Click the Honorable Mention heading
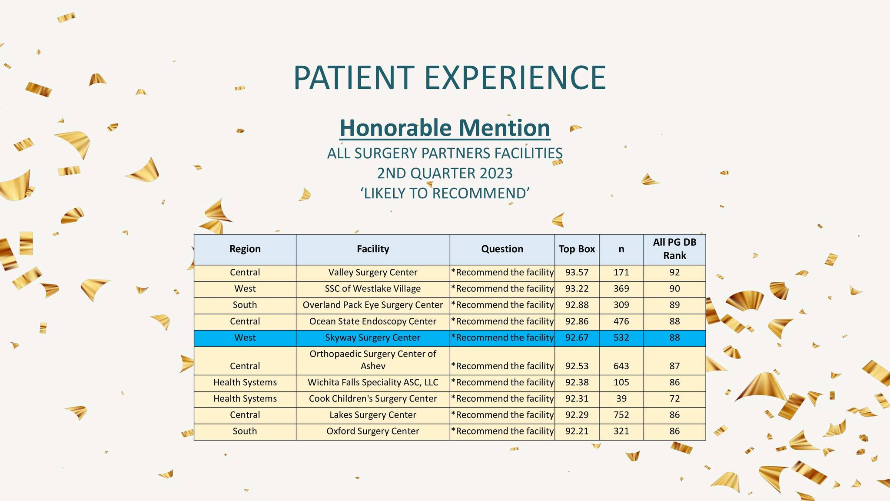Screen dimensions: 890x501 pyautogui.click(x=445, y=128)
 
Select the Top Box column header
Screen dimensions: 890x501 pyautogui.click(x=577, y=249)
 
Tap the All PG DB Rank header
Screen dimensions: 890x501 pyautogui.click(x=674, y=249)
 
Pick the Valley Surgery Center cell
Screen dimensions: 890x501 pyautogui.click(x=373, y=273)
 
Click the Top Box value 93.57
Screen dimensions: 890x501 pyautogui.click(x=577, y=273)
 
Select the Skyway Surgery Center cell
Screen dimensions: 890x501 pyautogui.click(x=373, y=338)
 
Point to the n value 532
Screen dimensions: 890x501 pyautogui.click(x=621, y=338)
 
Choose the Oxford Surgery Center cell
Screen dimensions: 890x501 pyautogui.click(x=373, y=431)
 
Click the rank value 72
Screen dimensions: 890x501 pyautogui.click(x=674, y=399)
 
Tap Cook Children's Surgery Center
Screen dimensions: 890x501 pyautogui.click(x=373, y=399)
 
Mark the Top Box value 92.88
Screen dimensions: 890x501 pyautogui.click(x=577, y=305)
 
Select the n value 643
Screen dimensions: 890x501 pyautogui.click(x=621, y=366)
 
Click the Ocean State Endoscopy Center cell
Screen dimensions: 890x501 pyautogui.click(x=373, y=321)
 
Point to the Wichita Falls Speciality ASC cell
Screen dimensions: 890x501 pyautogui.click(x=373, y=383)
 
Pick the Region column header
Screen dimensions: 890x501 pyautogui.click(x=245, y=249)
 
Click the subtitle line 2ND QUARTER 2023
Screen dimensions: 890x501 pyautogui.click(x=445, y=174)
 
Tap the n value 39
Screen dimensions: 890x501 pyautogui.click(x=621, y=399)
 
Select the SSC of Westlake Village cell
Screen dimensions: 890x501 pyautogui.click(x=373, y=289)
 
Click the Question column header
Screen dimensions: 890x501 pyautogui.click(x=502, y=249)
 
